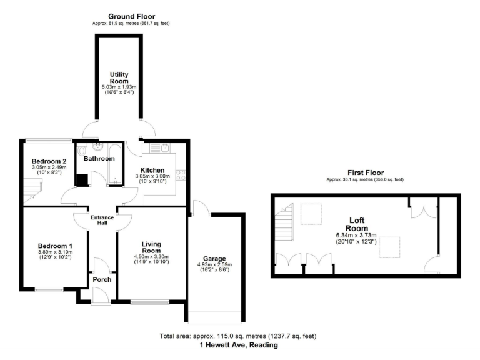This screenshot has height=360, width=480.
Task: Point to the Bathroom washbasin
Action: pyautogui.click(x=97, y=147)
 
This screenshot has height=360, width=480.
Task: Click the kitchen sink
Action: pyautogui.click(x=159, y=149)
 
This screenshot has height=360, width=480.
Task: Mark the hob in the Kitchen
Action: pyautogui.click(x=180, y=176)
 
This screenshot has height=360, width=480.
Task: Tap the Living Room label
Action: pyautogui.click(x=152, y=247)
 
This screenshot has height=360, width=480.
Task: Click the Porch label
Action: pyautogui.click(x=101, y=279)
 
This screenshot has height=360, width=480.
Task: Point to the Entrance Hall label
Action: pyautogui.click(x=102, y=221)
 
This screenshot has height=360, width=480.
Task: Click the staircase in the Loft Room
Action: pyautogui.click(x=284, y=221)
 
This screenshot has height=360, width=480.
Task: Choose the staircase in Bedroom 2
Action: pyautogui.click(x=32, y=188)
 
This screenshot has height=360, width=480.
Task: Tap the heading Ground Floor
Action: pyautogui.click(x=131, y=16)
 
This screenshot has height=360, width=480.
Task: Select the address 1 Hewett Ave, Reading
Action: pyautogui.click(x=239, y=345)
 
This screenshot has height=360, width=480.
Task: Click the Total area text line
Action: pyautogui.click(x=239, y=336)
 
